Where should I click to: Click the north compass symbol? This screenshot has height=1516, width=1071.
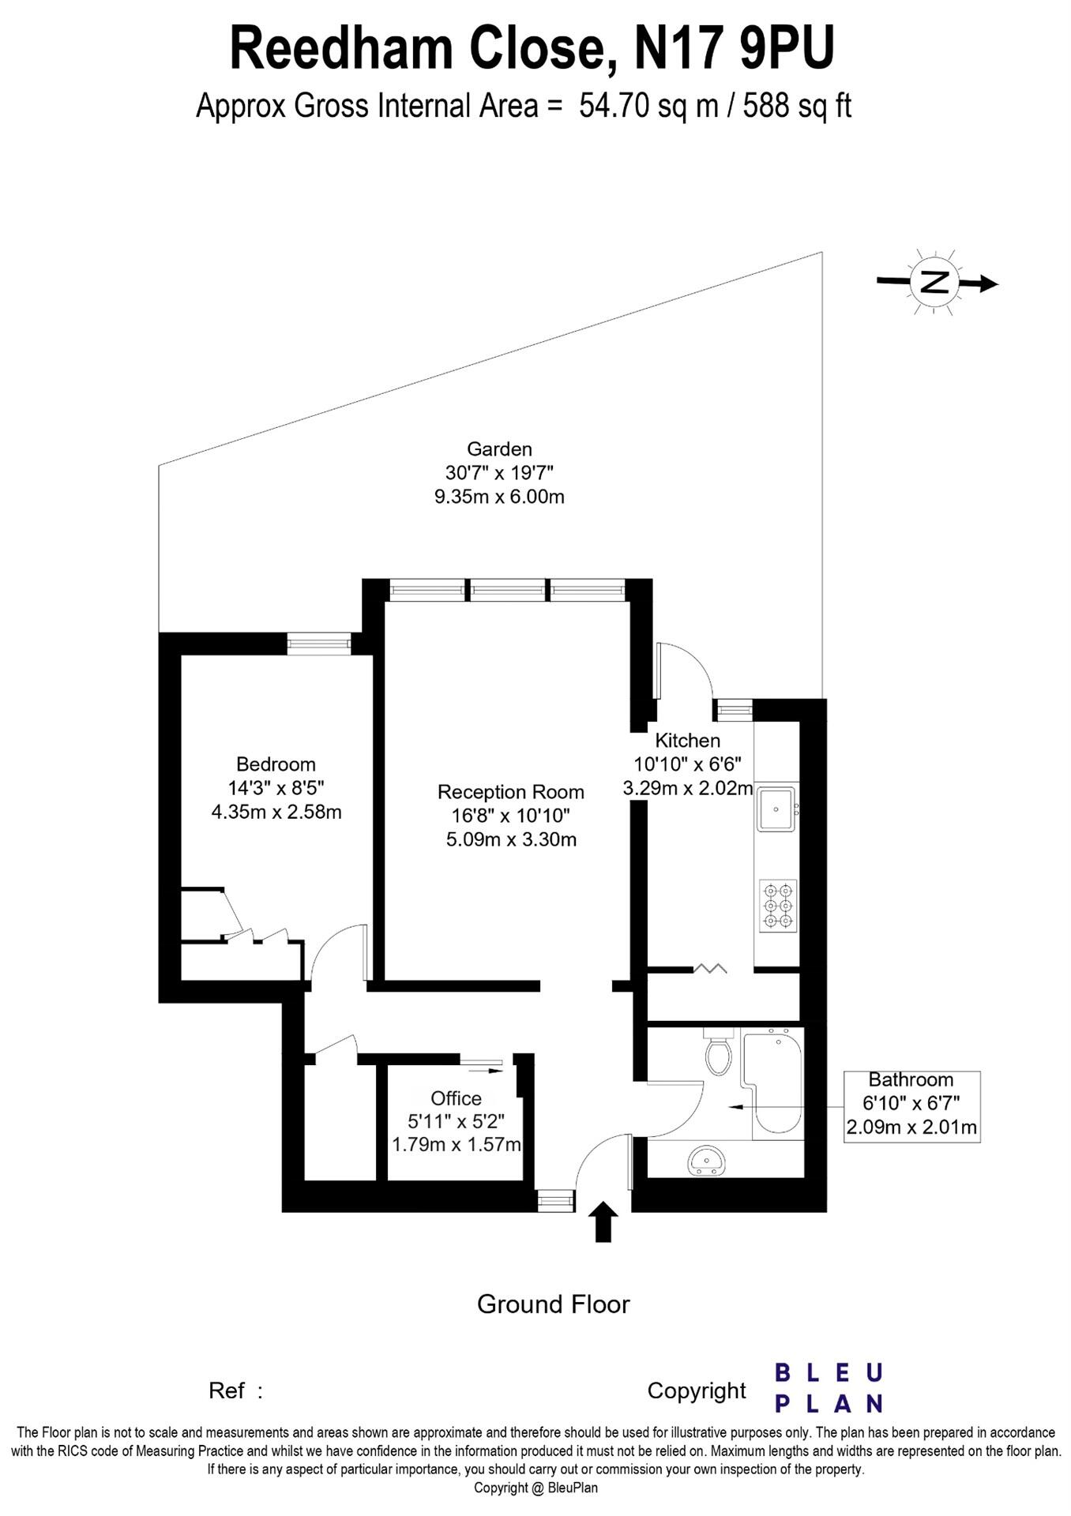point(936,282)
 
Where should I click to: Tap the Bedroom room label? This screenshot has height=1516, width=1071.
point(276,764)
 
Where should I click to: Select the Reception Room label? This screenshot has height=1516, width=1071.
point(511,791)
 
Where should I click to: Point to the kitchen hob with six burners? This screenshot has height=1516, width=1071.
point(778,905)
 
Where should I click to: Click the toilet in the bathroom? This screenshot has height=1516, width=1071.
point(719,1052)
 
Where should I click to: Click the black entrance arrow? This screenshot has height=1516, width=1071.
point(603,1221)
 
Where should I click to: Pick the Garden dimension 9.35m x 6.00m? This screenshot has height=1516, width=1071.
point(500,497)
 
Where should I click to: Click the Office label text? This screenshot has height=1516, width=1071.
point(456,1098)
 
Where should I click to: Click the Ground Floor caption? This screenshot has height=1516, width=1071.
point(553,1304)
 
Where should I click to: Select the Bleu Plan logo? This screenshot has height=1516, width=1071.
point(828,1387)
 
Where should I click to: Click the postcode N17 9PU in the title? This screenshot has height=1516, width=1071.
point(735,49)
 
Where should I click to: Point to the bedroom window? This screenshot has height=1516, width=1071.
point(318,644)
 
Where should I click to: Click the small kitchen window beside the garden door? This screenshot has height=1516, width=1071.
point(733,710)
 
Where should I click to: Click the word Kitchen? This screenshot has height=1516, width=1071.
point(688,740)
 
